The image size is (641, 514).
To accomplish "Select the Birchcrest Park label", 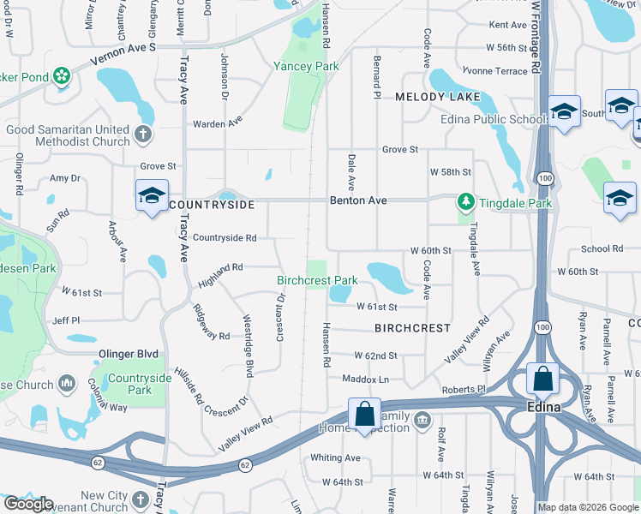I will click(x=317, y=280).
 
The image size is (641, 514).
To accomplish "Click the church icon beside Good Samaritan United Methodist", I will click(x=143, y=134).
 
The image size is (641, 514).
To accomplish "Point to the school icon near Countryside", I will click(x=152, y=195).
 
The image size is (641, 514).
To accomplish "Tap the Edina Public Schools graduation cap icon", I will click(x=564, y=112).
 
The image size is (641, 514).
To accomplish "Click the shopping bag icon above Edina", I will click(x=542, y=379).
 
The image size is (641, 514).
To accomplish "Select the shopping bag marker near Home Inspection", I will click(x=364, y=415).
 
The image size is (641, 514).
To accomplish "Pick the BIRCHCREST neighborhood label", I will click(x=412, y=328).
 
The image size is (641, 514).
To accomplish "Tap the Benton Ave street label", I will click(x=358, y=200).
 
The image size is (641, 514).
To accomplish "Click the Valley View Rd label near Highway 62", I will click(x=245, y=433).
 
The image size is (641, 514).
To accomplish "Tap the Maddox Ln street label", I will click(x=366, y=379).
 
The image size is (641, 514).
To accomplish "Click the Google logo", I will click(x=27, y=504).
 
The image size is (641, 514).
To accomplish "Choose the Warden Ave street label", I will click(x=218, y=123).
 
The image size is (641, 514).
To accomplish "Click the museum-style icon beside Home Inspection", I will click(x=422, y=420).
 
